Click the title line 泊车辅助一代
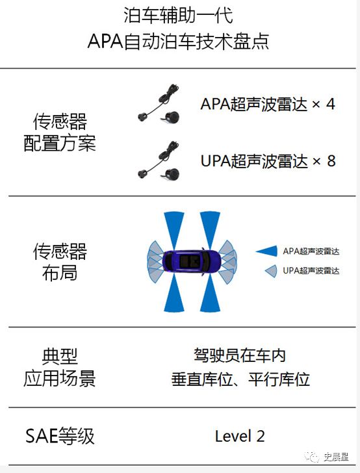[x=178, y=16]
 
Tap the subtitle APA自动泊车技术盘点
[x=178, y=41]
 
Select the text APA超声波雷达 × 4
[x=268, y=104]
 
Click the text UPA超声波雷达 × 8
[x=268, y=160]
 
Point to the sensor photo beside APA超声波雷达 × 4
[x=159, y=104]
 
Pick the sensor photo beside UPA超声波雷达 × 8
[x=159, y=160]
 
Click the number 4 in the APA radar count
[x=331, y=105]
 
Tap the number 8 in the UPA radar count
[x=331, y=160]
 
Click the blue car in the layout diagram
[x=192, y=262]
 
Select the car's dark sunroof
[x=190, y=262]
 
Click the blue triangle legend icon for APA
[x=267, y=251]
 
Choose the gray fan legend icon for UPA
[x=271, y=271]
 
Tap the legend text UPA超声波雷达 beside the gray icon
[x=311, y=270]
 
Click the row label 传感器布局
[x=60, y=262]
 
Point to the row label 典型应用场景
[x=60, y=368]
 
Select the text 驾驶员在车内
[x=240, y=355]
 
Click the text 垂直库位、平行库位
[x=240, y=379]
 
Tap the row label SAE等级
[x=60, y=436]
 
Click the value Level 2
[x=240, y=436]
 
